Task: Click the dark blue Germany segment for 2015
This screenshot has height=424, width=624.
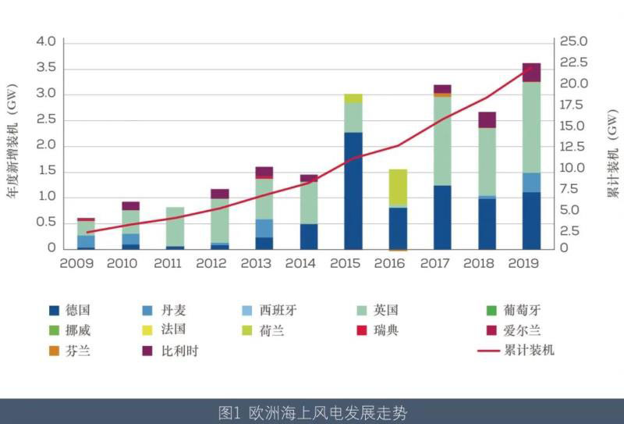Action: point(353,191)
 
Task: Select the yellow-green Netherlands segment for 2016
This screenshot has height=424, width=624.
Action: point(398,187)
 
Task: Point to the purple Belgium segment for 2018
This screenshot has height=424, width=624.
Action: point(487,119)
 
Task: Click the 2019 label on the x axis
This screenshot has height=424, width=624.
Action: point(523,263)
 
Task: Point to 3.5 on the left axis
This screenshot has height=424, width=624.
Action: point(46,68)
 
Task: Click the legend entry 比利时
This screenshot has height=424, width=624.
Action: point(180,351)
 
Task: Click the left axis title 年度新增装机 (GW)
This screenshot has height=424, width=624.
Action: point(13,144)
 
